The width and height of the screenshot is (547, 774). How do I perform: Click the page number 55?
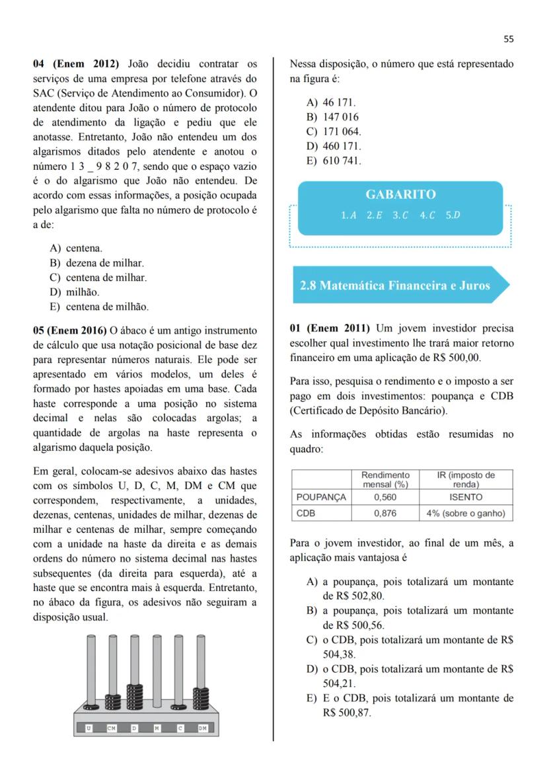coord(508,39)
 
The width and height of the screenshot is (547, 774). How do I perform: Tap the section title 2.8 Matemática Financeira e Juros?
coord(394,286)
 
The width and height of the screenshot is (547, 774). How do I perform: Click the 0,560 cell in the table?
coord(385,497)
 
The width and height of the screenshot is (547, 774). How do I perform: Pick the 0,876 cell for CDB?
coord(385,513)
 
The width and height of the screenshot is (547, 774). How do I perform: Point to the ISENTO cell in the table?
coord(466,497)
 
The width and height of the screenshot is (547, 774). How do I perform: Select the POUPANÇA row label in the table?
coord(321,497)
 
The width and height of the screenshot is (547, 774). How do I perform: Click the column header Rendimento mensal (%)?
coord(385,480)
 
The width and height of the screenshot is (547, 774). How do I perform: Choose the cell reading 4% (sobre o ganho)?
coord(466,513)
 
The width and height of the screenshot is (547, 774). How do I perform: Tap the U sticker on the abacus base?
coord(89,728)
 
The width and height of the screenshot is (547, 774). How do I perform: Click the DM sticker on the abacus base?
coord(202,728)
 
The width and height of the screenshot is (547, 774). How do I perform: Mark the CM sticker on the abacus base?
coord(112,728)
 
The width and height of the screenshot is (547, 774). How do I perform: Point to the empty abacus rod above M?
coord(157,668)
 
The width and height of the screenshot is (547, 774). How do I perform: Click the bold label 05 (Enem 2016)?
coord(71,330)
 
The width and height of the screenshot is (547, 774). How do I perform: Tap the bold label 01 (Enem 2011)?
coord(328,329)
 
